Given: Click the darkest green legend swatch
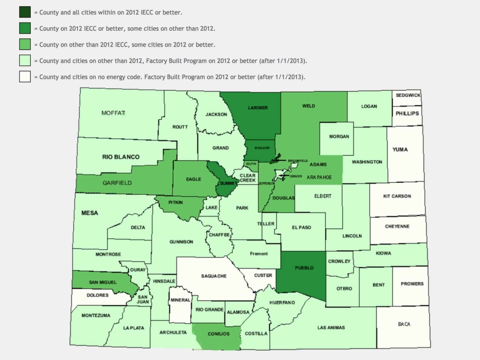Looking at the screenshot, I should pos(25,12).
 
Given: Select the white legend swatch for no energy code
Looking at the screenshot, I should pos(25,76).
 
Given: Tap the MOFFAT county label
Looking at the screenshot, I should pos(114,113).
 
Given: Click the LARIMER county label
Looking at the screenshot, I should pos(258,108).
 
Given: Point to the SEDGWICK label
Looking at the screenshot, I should pos(408,96).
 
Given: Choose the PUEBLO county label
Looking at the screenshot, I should pos(304,268).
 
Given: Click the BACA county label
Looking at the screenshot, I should pos(404,324).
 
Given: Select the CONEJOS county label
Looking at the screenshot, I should pos(218,334).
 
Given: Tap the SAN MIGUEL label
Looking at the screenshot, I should pos(103,282).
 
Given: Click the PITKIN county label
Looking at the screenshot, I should pos(175,202).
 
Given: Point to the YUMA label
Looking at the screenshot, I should pos(400,150).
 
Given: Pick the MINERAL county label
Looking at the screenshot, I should pos(180,300).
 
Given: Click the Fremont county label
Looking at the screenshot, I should pos(259,254).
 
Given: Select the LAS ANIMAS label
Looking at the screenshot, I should pos(331,328).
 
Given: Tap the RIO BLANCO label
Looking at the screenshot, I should pos(121,157).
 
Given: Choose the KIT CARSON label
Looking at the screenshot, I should pos(397,196).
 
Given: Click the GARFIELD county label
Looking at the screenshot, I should pos(117,183).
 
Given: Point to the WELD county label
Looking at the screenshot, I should pos(308,106).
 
